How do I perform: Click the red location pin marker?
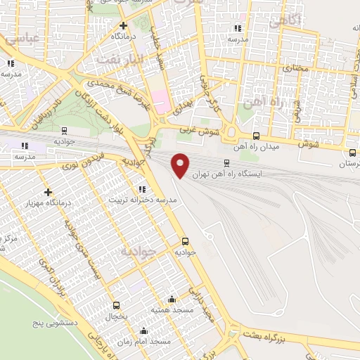[x=181, y=165]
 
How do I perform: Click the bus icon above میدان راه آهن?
[x=256, y=136]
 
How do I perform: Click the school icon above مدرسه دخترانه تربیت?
[x=142, y=188]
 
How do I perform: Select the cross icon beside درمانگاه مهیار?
[x=48, y=192]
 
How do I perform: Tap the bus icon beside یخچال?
[x=117, y=305]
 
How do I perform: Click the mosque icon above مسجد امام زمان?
[x=144, y=330]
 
